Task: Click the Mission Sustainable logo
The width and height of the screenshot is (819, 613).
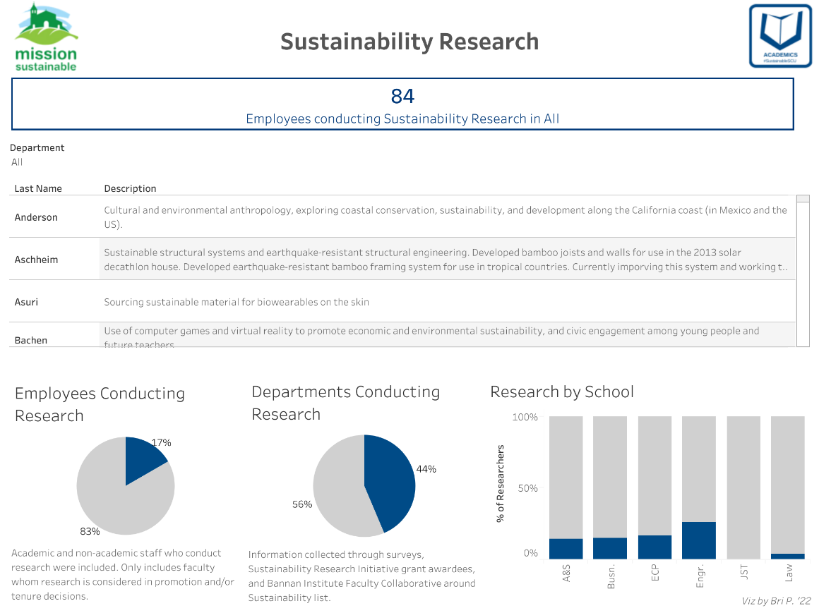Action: pyautogui.click(x=46, y=37)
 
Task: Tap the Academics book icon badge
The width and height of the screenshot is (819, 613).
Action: pyautogui.click(x=780, y=36)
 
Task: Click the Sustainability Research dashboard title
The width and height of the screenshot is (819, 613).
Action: pyautogui.click(x=409, y=42)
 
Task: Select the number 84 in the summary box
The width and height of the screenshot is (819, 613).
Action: pyautogui.click(x=402, y=96)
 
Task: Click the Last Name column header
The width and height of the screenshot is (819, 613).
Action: pyautogui.click(x=38, y=188)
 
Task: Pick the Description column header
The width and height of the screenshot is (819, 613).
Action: pyautogui.click(x=130, y=188)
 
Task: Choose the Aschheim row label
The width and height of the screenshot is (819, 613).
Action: pyautogui.click(x=36, y=260)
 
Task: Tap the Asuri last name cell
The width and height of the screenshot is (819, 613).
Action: pyautogui.click(x=26, y=302)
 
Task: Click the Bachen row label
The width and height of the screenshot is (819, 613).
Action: pyautogui.click(x=31, y=340)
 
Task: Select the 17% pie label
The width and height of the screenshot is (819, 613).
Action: pyautogui.click(x=161, y=442)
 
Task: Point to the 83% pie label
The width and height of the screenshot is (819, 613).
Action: pyautogui.click(x=90, y=531)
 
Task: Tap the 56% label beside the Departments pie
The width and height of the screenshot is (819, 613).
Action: pyautogui.click(x=301, y=504)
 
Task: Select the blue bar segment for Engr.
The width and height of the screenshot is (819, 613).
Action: pyautogui.click(x=698, y=540)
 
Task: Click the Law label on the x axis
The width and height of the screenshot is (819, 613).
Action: pyautogui.click(x=788, y=573)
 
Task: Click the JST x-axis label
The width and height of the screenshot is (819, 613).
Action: pyautogui.click(x=743, y=573)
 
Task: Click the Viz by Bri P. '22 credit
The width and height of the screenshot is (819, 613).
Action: pyautogui.click(x=776, y=601)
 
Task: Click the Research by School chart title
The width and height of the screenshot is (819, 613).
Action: pyautogui.click(x=562, y=392)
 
